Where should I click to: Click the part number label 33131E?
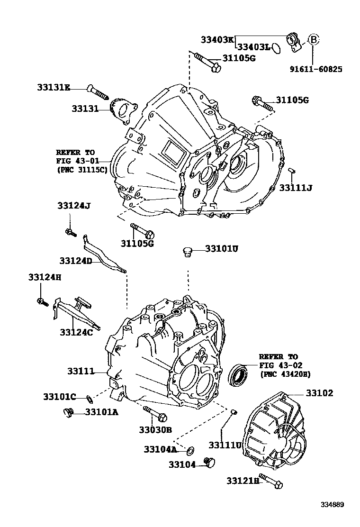54,87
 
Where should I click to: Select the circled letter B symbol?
313,39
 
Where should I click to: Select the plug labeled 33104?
208,462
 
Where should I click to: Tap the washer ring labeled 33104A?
190,449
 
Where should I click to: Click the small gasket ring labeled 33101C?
89,397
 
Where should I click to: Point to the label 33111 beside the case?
81,372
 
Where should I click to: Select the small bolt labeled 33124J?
70,231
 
